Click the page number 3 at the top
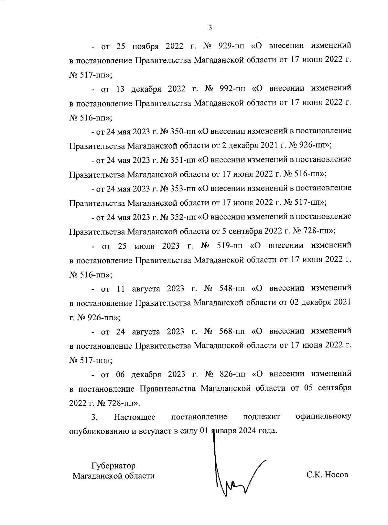click(210, 28)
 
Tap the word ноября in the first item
click(145, 46)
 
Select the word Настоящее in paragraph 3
click(135, 417)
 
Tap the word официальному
click(324, 417)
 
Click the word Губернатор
click(113, 466)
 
